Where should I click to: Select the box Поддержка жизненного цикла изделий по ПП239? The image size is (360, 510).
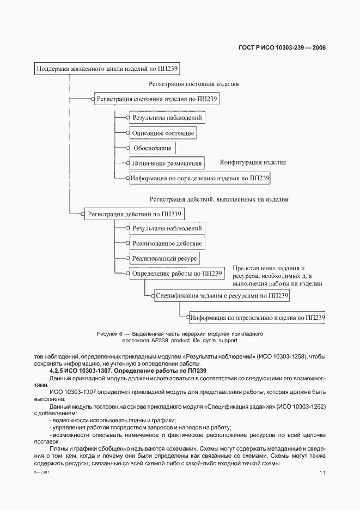pyautogui.click(x=107, y=69)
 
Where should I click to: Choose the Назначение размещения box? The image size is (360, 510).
pyautogui.click(x=166, y=163)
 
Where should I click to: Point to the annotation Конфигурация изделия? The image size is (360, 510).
pyautogui.click(x=253, y=162)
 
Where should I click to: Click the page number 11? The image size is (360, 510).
pyautogui.click(x=322, y=473)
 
